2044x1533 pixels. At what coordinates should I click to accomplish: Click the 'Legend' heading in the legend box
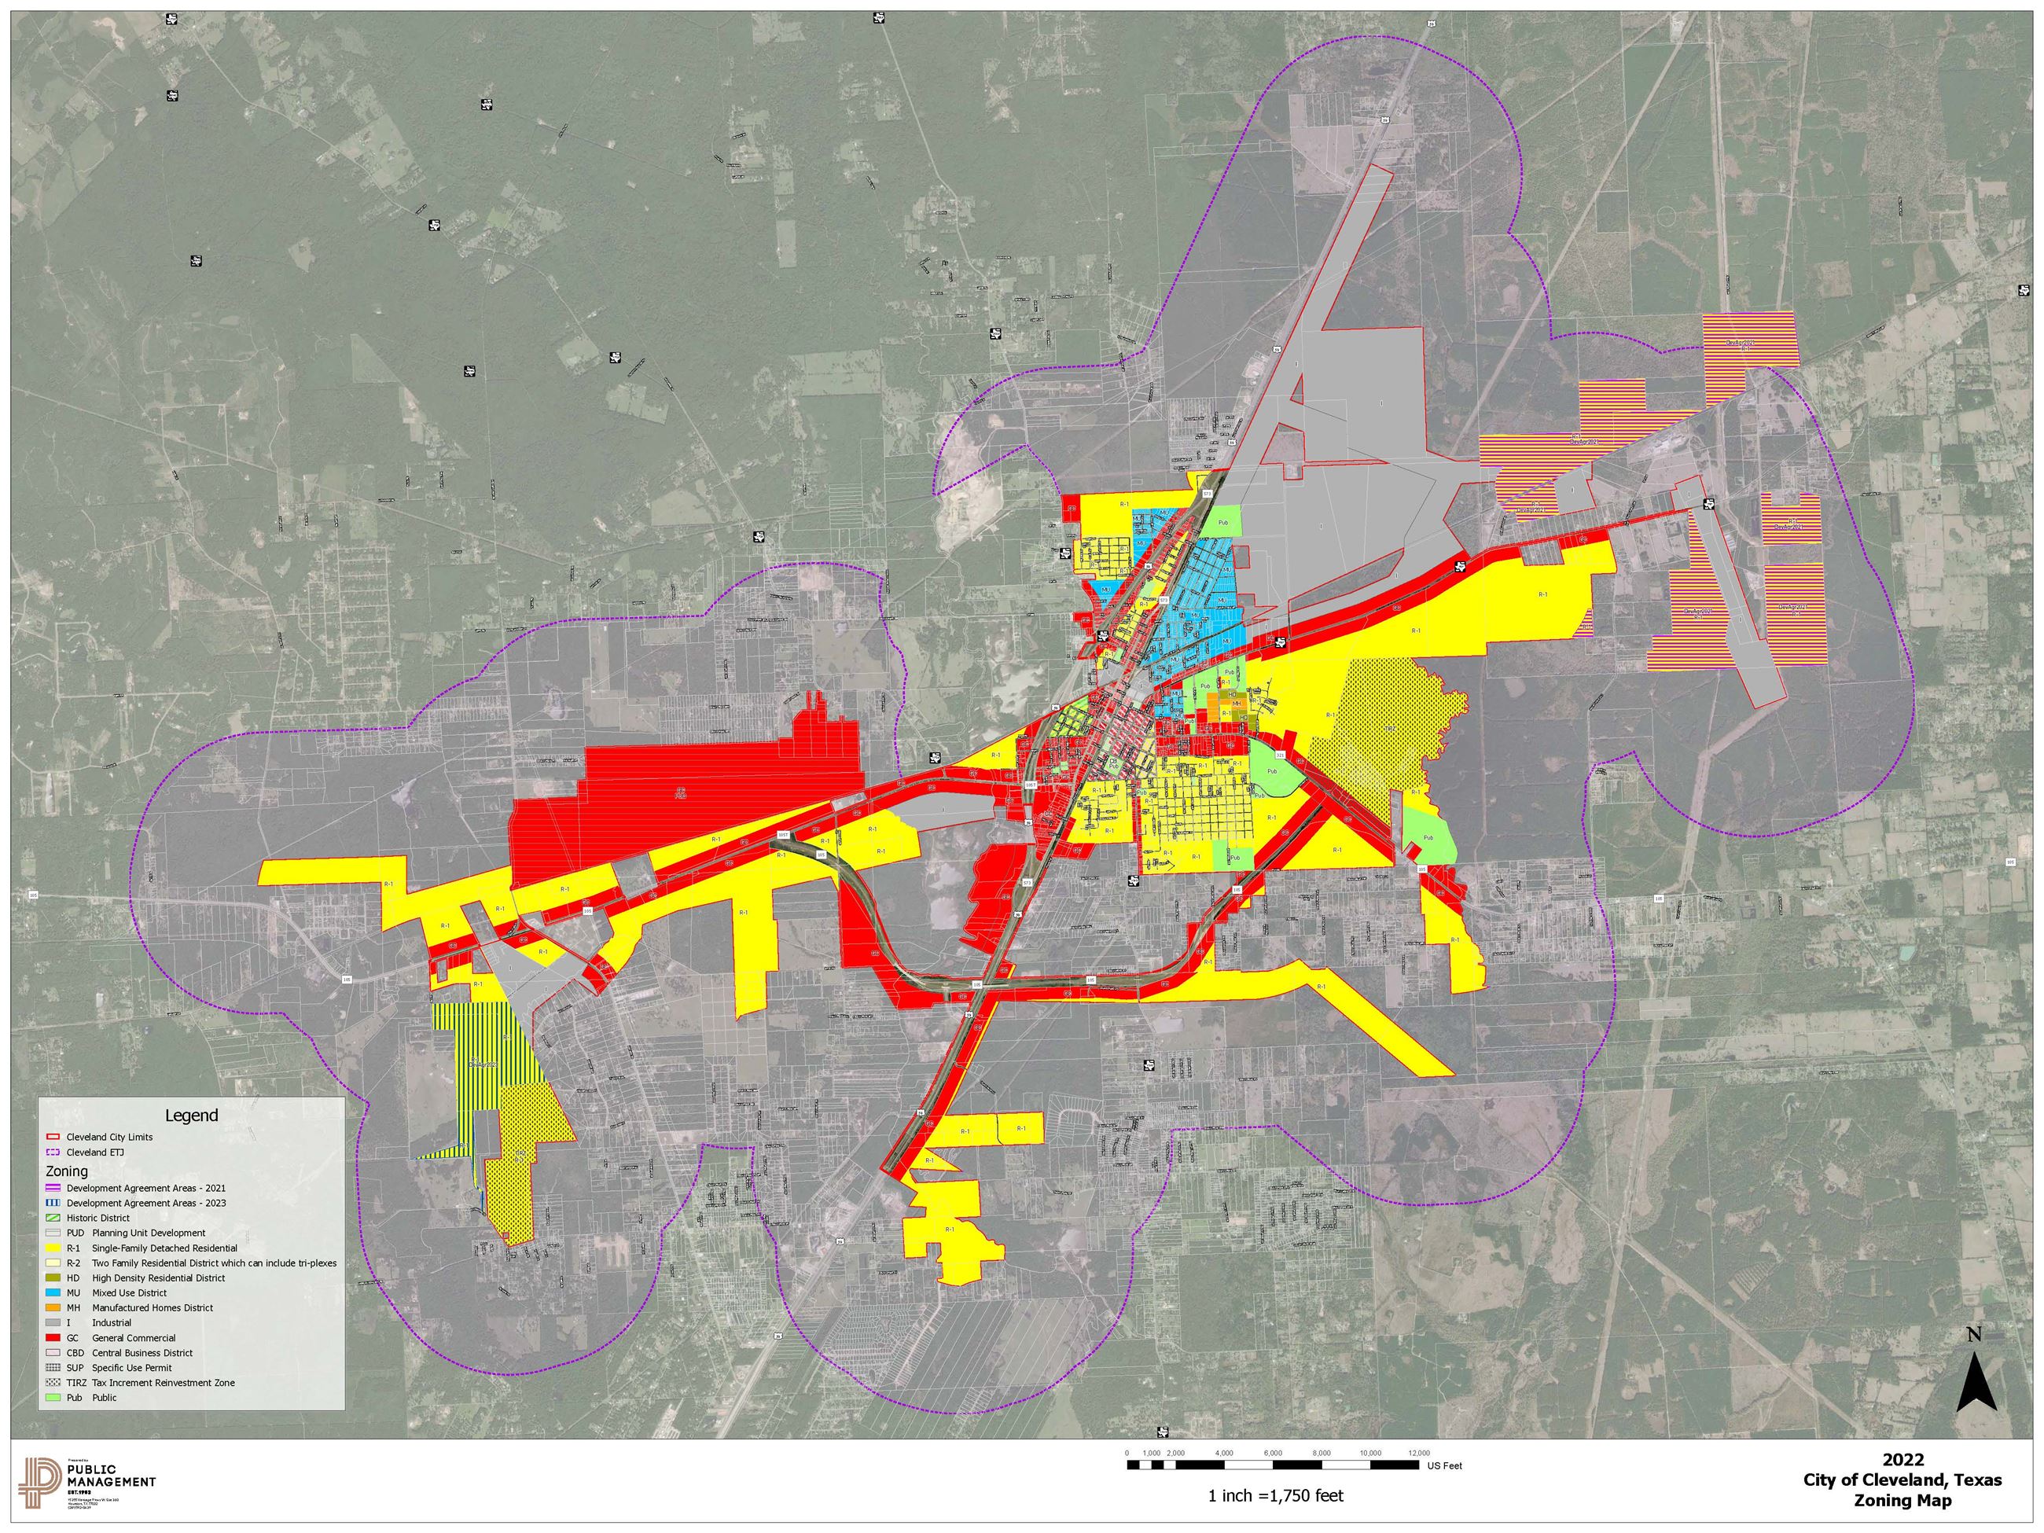(191, 1116)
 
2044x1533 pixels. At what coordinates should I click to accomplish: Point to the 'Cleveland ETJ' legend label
(95, 1153)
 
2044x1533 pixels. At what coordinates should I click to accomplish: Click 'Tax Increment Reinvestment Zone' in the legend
(164, 1382)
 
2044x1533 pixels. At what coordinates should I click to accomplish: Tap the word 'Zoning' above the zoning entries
(67, 1171)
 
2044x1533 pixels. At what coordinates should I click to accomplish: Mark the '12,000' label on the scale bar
(1419, 1454)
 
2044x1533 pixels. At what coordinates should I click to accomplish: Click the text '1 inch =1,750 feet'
(1276, 1495)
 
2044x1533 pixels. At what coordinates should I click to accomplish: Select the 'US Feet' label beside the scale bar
(1445, 1465)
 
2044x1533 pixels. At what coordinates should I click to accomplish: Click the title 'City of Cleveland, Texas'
(1902, 1480)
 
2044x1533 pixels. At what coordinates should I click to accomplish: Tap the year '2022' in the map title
(1903, 1460)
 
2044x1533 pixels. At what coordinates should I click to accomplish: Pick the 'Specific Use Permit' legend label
(132, 1368)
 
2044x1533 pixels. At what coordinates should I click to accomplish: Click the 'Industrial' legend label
(112, 1322)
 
